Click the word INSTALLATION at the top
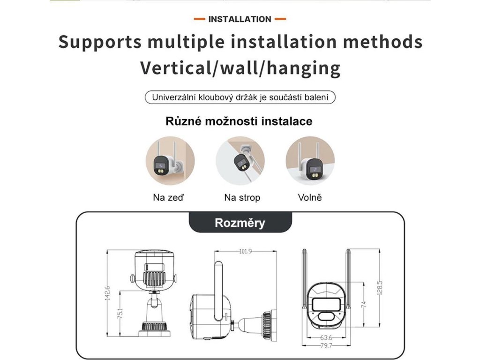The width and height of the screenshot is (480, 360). pyautogui.click(x=240, y=19)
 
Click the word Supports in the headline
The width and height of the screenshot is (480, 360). pyautogui.click(x=100, y=42)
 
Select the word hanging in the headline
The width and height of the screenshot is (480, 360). pyautogui.click(x=303, y=68)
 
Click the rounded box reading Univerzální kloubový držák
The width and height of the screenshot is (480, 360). pyautogui.click(x=240, y=97)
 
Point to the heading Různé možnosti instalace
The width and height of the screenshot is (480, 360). pyautogui.click(x=239, y=121)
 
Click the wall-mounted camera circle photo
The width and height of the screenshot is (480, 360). pyautogui.click(x=170, y=161)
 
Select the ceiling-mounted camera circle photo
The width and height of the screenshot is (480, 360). pyautogui.click(x=240, y=161)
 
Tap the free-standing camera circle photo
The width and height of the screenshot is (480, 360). pyautogui.click(x=310, y=161)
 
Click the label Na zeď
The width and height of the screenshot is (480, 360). pyautogui.click(x=168, y=197)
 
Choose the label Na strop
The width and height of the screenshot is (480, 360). pyautogui.click(x=242, y=198)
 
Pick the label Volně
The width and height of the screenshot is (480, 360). pyautogui.click(x=310, y=197)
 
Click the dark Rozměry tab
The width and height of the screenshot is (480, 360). pyautogui.click(x=240, y=223)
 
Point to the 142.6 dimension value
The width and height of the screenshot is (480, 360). pyautogui.click(x=107, y=293)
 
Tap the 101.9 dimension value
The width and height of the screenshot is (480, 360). pyautogui.click(x=246, y=251)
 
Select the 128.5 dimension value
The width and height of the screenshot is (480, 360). pyautogui.click(x=380, y=288)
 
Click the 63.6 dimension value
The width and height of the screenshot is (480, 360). pyautogui.click(x=326, y=337)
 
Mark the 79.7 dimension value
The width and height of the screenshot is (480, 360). pyautogui.click(x=326, y=345)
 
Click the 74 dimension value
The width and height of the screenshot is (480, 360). pyautogui.click(x=364, y=304)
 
